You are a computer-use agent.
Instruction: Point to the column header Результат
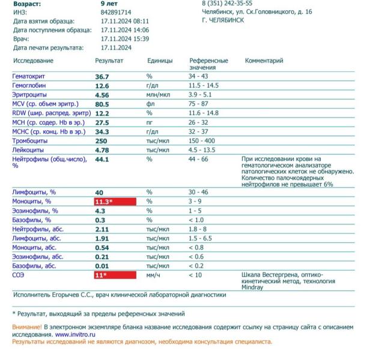109,61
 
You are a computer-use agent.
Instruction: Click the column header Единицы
160,61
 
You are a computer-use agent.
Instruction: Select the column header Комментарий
264,61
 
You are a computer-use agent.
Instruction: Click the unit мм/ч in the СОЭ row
156,275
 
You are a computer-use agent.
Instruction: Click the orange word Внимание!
28,327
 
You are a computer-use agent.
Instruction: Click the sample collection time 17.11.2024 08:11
125,20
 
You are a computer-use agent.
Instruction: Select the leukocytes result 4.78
102,150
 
